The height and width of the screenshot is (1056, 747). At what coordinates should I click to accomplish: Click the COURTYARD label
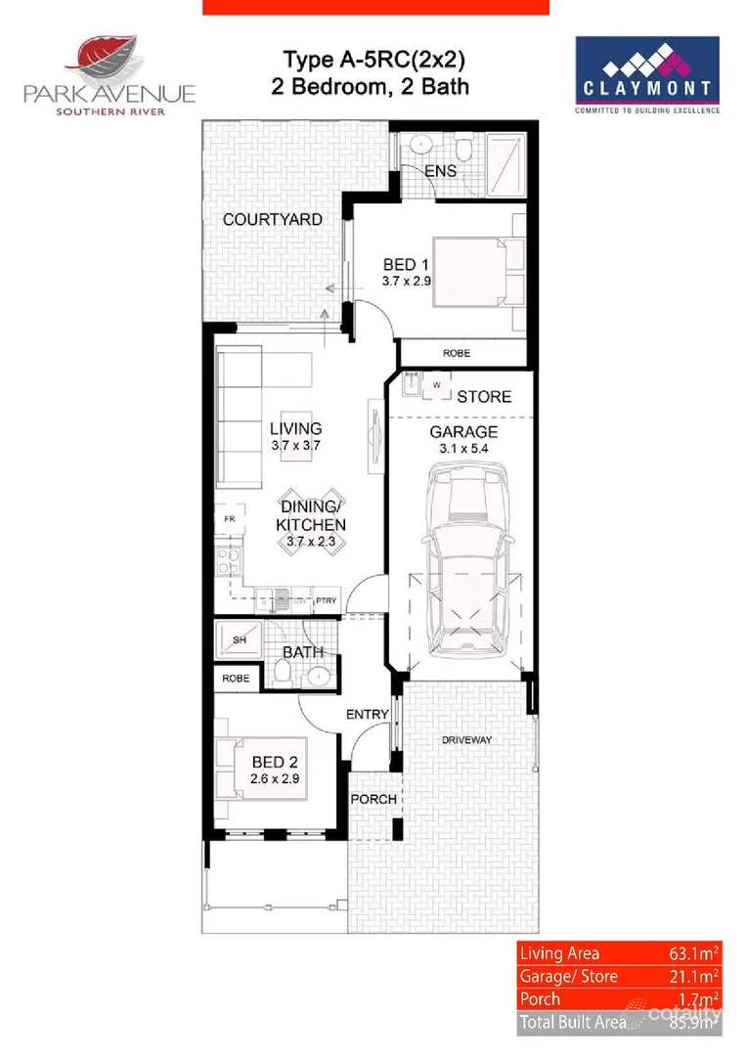[272, 219]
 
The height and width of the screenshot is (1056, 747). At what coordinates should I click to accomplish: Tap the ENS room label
[440, 172]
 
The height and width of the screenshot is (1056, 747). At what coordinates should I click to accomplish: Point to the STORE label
[484, 397]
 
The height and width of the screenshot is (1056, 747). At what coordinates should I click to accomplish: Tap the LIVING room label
[296, 428]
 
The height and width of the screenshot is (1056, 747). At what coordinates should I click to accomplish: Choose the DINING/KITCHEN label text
[313, 515]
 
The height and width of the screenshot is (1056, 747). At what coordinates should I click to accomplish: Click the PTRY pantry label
[326, 600]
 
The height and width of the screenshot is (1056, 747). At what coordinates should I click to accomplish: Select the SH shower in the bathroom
[239, 641]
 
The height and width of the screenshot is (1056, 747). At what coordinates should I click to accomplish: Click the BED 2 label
[274, 762]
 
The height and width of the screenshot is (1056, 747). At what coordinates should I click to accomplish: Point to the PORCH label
[373, 799]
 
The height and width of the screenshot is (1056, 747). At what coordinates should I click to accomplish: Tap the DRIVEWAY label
[466, 740]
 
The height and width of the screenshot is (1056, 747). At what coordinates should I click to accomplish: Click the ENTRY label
[368, 715]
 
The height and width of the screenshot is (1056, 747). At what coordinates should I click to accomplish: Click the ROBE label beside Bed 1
[457, 353]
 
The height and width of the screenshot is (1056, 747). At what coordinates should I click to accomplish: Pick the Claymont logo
[647, 75]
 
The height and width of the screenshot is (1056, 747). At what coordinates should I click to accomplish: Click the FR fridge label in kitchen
[229, 518]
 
